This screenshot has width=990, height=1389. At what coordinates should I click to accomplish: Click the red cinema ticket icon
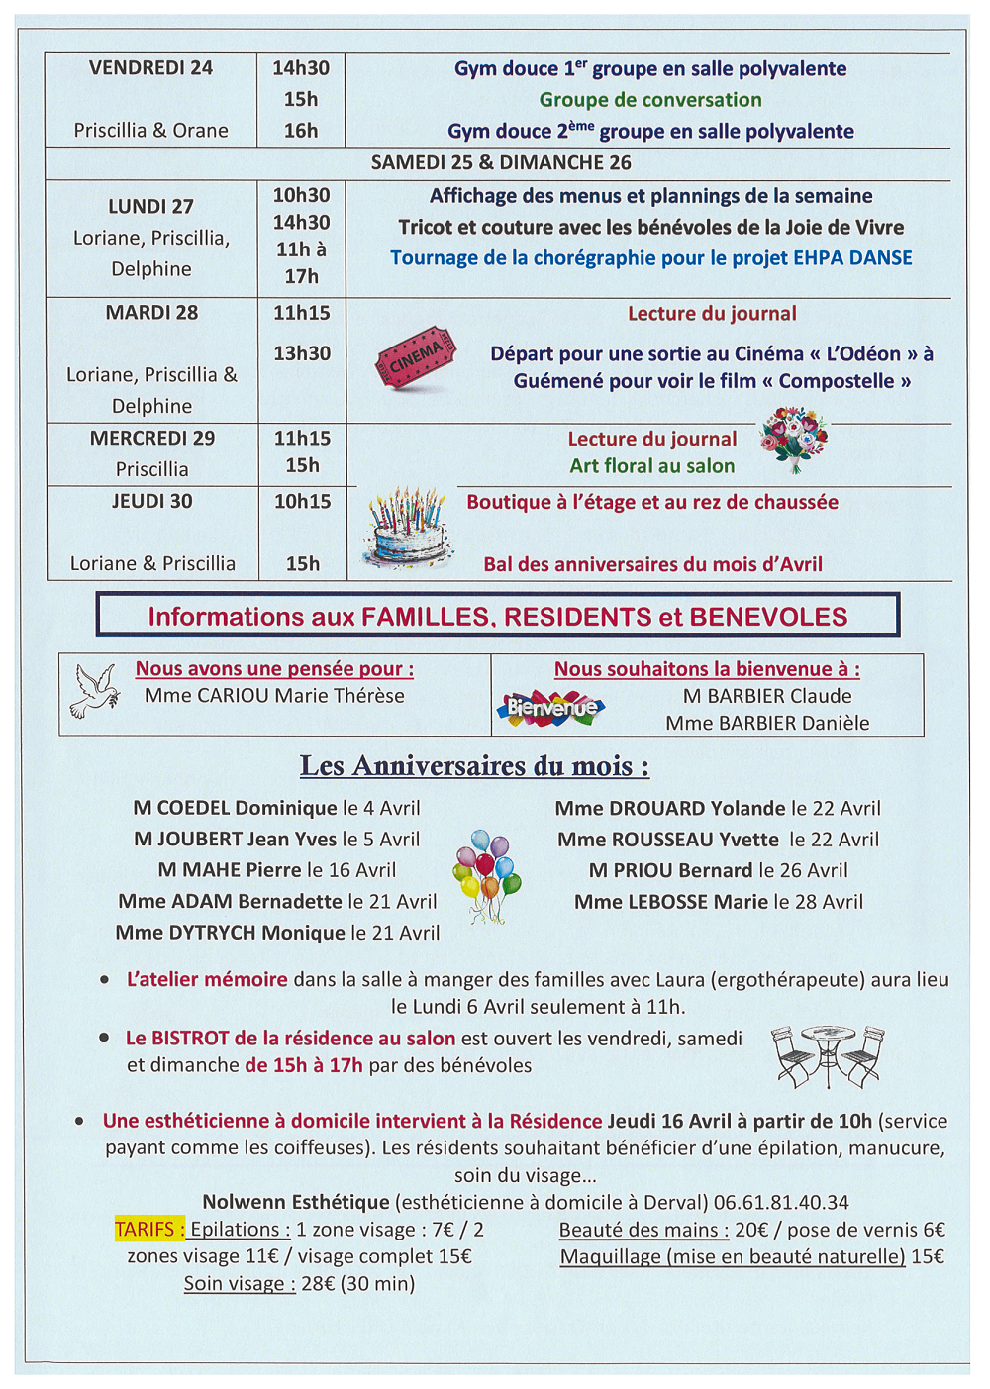click(415, 357)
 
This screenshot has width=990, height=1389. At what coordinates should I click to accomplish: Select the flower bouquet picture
click(794, 440)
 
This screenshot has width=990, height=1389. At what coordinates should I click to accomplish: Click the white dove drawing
click(95, 690)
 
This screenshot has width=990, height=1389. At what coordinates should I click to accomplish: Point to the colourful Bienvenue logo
click(550, 708)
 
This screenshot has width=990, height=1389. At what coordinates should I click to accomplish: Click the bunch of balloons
click(487, 874)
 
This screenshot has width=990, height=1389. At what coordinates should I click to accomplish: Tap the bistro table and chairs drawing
click(828, 1055)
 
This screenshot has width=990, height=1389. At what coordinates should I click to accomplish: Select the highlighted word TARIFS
click(149, 1229)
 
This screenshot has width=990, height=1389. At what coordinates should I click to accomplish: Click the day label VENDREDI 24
click(150, 68)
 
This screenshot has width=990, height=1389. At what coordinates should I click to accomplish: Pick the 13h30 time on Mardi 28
click(302, 353)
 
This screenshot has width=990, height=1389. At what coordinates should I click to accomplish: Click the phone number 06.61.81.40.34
click(781, 1202)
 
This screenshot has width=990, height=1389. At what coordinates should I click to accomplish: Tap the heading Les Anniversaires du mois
click(475, 766)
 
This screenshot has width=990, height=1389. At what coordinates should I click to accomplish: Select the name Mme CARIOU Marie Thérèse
click(274, 696)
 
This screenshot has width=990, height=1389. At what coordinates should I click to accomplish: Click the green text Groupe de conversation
click(650, 100)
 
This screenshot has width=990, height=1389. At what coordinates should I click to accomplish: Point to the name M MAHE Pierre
click(230, 870)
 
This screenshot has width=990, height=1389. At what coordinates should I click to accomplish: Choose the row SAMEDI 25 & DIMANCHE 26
click(501, 163)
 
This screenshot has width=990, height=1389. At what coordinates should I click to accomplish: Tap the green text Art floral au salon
click(652, 466)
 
